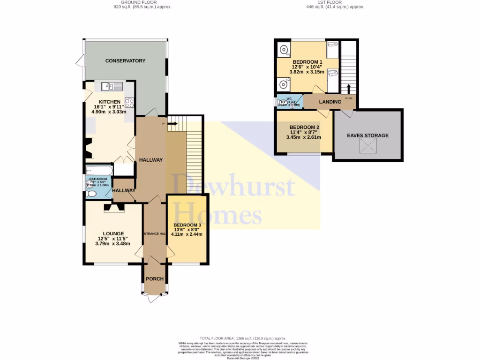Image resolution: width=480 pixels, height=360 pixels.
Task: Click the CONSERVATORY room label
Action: [x=125, y=61]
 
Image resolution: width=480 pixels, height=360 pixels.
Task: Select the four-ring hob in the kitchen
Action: [x=129, y=103]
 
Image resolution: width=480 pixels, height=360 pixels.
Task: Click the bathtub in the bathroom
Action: [x=99, y=170]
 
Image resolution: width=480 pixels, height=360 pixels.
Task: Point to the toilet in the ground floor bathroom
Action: [x=91, y=194]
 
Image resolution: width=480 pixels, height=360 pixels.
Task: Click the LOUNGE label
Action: [x=113, y=233]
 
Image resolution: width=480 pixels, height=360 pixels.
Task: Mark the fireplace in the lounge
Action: [x=114, y=207]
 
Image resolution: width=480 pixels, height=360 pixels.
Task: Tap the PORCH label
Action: [x=155, y=279]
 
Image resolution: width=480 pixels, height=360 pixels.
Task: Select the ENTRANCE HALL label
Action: [x=155, y=233]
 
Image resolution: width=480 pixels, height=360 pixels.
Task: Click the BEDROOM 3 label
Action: [x=187, y=225]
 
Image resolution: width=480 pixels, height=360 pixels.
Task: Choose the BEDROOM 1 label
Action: [x=307, y=62]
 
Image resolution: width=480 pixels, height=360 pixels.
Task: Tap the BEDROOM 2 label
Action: [x=304, y=127]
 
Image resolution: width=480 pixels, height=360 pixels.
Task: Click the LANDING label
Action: [x=330, y=102]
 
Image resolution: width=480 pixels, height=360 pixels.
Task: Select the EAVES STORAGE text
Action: [x=367, y=135]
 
